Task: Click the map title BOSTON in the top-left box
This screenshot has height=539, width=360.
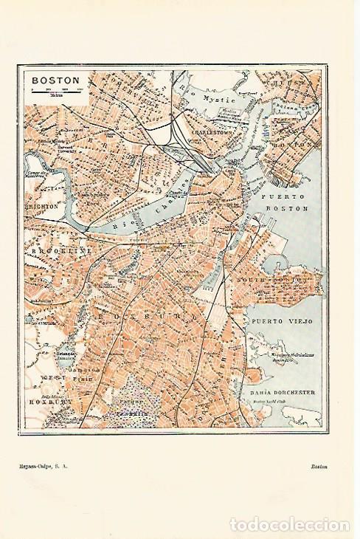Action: (50, 78)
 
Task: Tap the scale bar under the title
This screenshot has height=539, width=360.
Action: (55, 89)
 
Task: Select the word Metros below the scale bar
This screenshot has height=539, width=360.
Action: (55, 95)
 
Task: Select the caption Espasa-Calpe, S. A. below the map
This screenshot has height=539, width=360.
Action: (49, 466)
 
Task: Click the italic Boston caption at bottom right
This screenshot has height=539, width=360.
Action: (319, 466)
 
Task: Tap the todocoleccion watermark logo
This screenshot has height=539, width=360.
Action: (289, 524)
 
